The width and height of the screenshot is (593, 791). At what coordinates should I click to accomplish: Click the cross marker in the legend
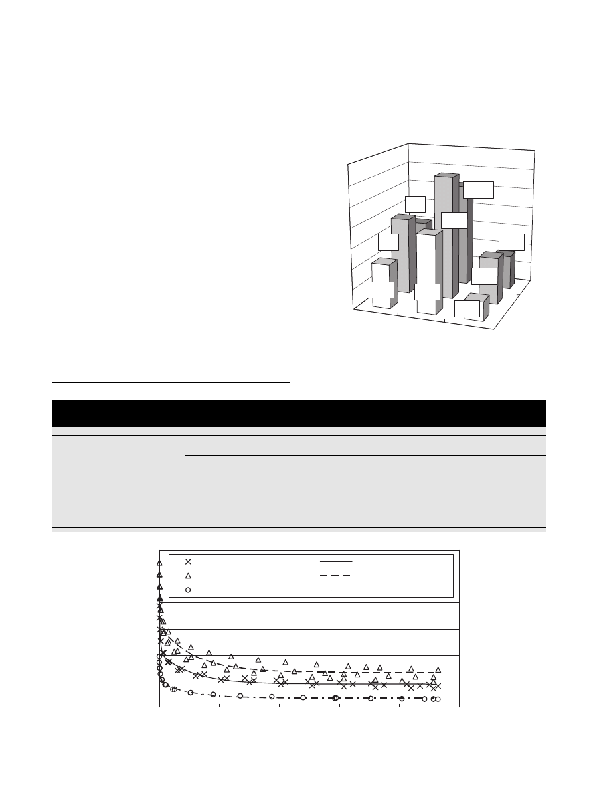pyautogui.click(x=188, y=561)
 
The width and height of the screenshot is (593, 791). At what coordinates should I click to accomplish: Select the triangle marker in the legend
pyautogui.click(x=188, y=576)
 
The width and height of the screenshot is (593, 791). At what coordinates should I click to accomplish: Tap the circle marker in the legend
pyautogui.click(x=188, y=590)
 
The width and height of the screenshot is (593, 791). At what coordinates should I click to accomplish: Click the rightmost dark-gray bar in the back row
pyautogui.click(x=509, y=269)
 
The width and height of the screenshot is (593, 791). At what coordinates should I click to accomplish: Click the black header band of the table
pyautogui.click(x=298, y=413)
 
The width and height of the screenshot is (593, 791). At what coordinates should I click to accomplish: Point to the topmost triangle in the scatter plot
pyautogui.click(x=159, y=563)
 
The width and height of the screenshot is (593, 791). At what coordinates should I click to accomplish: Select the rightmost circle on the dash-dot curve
pyautogui.click(x=438, y=699)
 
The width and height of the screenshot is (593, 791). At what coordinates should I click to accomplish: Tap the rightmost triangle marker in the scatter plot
pyautogui.click(x=438, y=670)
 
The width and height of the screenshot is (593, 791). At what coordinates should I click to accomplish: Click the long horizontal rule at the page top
pyautogui.click(x=298, y=52)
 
